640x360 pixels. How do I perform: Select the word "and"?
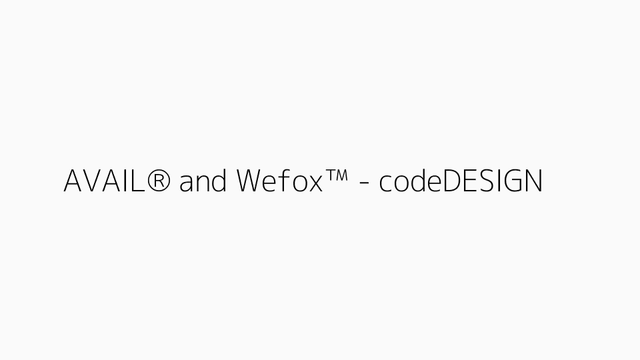(203, 181)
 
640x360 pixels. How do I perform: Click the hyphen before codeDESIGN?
(364, 184)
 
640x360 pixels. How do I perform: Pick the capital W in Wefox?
(251, 181)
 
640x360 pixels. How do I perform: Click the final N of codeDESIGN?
(533, 181)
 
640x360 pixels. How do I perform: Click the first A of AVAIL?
(73, 181)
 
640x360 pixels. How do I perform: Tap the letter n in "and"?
(203, 183)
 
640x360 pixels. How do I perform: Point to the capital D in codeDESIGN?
(453, 181)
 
